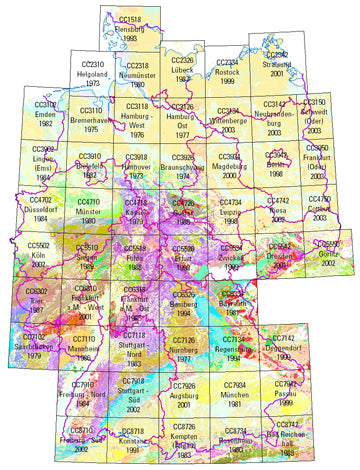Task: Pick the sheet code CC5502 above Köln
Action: coord(38,245)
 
